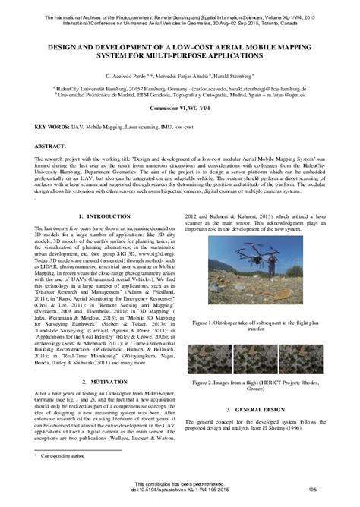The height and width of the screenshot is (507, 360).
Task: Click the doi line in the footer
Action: tap(180, 495)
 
